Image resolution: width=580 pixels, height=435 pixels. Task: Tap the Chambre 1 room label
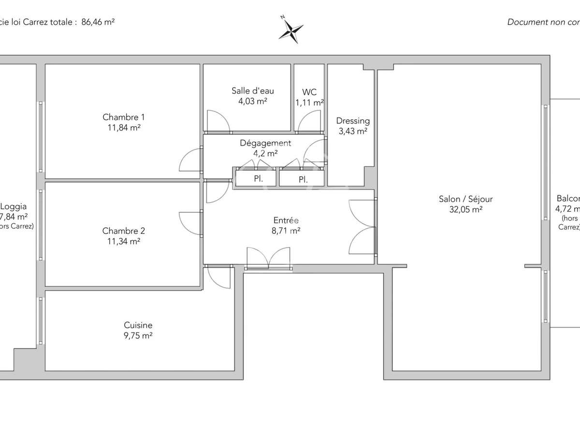[123, 117]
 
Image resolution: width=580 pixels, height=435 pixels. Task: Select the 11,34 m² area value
[123, 242]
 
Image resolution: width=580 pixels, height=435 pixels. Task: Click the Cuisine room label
[138, 326]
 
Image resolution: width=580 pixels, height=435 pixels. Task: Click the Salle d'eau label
[252, 91]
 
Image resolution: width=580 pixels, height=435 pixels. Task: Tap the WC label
[309, 92]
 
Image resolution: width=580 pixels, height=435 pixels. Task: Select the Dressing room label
[353, 121]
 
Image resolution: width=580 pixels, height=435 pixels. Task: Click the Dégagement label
[265, 143]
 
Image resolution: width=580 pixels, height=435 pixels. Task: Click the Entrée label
[287, 220]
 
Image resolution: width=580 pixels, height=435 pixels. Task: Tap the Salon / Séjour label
[465, 199]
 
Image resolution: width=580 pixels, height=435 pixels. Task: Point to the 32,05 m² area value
[465, 209]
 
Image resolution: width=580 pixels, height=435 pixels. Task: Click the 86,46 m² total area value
[98, 22]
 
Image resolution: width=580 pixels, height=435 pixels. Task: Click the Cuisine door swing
[220, 277]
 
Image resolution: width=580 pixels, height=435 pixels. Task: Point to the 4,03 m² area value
[252, 101]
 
